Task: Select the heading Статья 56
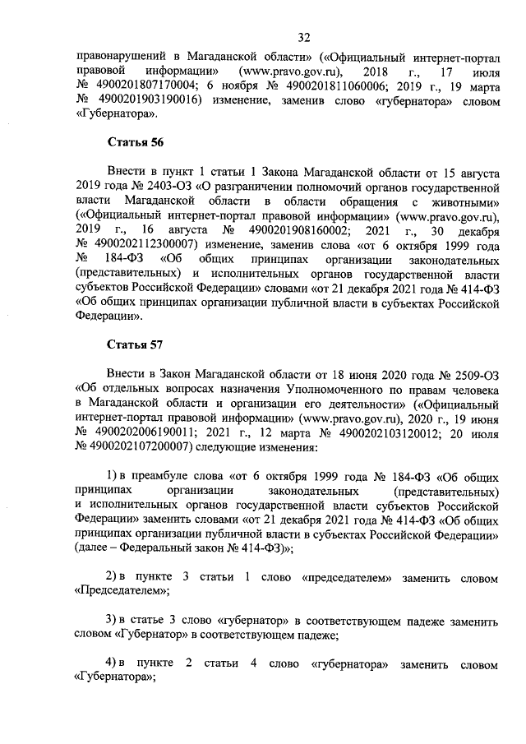(136, 142)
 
